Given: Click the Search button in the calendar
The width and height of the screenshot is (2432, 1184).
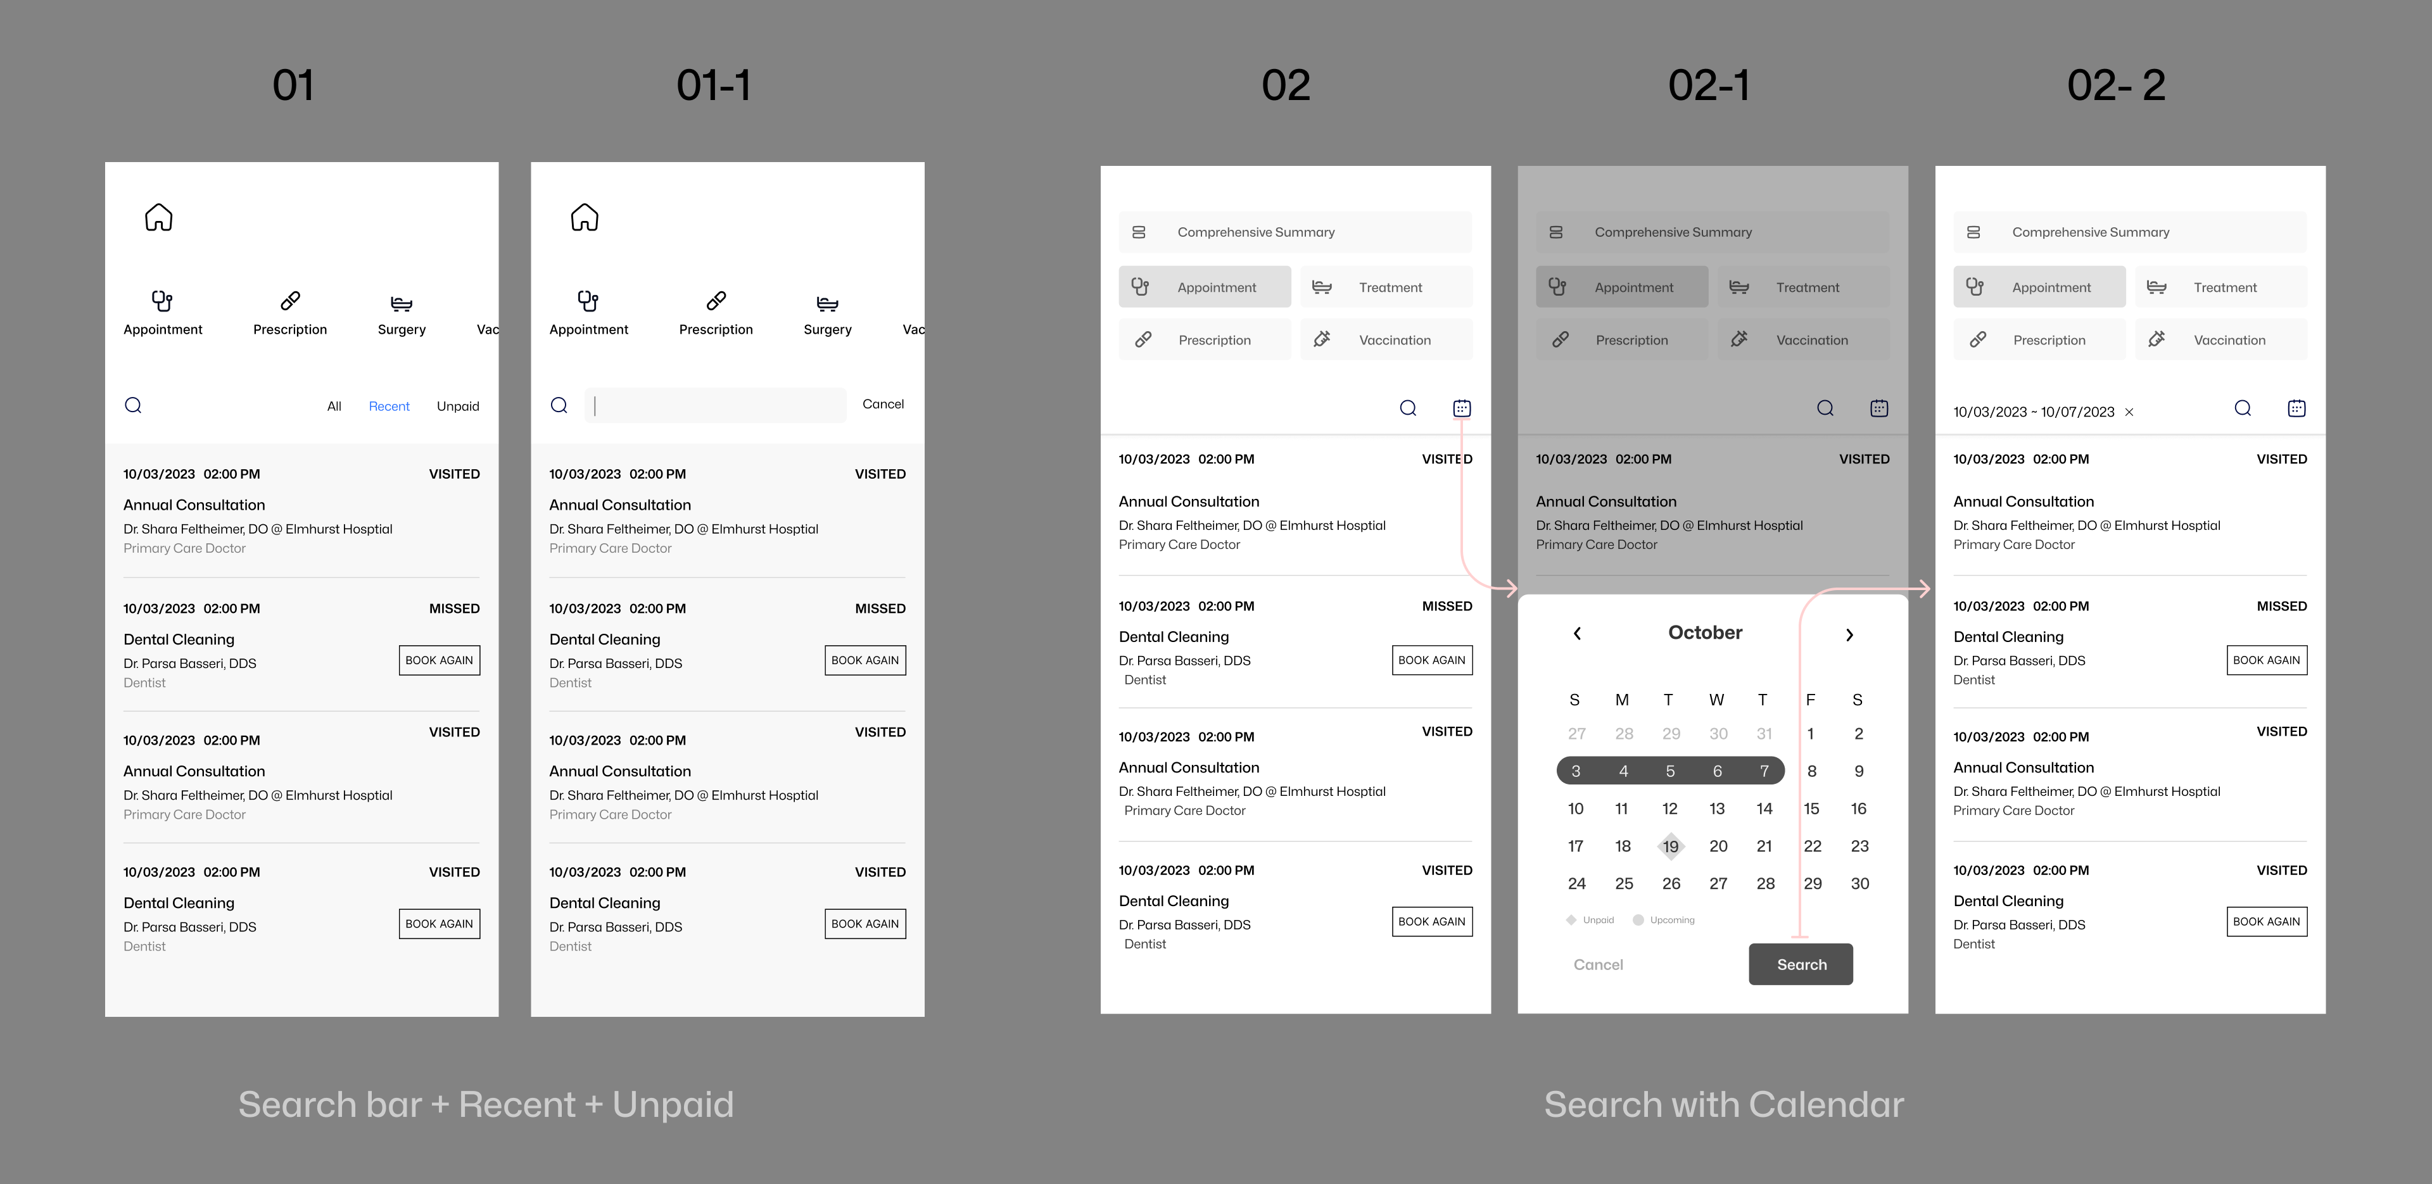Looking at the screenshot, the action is tap(1801, 964).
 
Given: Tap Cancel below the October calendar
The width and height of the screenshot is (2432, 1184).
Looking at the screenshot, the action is tap(1599, 964).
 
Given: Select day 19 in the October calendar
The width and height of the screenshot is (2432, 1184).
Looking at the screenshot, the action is tap(1670, 846).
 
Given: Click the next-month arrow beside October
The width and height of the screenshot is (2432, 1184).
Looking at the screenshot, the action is tap(1849, 634).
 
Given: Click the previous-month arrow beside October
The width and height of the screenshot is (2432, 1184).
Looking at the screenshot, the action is tap(1576, 634).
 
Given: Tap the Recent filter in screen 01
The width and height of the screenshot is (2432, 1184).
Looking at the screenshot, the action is tap(389, 406).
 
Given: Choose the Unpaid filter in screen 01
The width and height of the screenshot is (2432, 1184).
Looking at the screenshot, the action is tap(458, 406).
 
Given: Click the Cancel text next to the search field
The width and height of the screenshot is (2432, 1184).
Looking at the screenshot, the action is tap(883, 404).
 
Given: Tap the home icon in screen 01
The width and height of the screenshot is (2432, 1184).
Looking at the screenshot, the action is tap(158, 217).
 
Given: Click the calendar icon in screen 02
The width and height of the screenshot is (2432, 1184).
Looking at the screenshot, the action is tap(1462, 408).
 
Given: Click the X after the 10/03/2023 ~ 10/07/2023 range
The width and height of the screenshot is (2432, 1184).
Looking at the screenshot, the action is tap(2129, 412).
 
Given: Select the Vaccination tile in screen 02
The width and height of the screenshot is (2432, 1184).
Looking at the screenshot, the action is tap(1386, 340).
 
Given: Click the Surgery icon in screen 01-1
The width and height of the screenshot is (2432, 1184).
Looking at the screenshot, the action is tap(827, 303).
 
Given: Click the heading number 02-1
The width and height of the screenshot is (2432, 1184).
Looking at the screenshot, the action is tap(1709, 85).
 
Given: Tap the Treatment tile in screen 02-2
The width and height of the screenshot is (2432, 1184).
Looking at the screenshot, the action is tap(2220, 287).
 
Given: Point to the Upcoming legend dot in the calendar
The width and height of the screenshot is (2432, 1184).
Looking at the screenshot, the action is tap(1638, 919).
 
